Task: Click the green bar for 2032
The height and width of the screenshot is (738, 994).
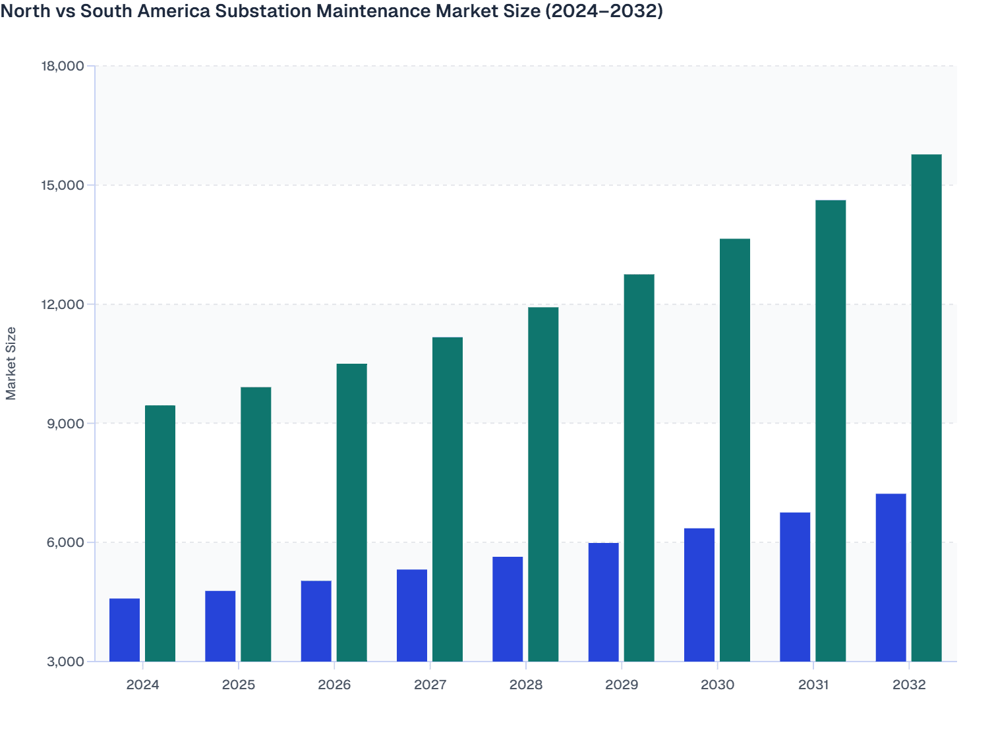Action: coord(926,408)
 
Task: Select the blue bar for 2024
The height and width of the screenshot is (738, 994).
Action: coord(125,630)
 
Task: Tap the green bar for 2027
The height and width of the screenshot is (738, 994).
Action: coord(448,499)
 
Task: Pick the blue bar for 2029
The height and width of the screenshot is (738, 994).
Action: coord(604,602)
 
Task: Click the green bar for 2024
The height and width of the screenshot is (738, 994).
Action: coord(160,533)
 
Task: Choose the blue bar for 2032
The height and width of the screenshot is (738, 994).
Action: coord(891,577)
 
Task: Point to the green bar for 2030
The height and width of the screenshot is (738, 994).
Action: coord(734,450)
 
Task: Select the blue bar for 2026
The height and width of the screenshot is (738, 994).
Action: coord(316,621)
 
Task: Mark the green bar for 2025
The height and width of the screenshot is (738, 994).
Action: coord(256,524)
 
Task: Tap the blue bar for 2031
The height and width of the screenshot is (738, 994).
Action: coord(795,586)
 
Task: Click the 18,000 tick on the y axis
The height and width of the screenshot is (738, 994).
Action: coord(63,66)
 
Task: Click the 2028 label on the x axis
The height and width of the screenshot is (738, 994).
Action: coord(526,685)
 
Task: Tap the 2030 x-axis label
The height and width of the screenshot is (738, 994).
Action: coord(717,685)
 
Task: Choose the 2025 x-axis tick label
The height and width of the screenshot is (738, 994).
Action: coord(239,685)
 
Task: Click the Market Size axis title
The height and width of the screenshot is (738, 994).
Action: coord(11,364)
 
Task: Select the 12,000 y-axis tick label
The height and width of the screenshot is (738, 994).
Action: coord(63,304)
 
